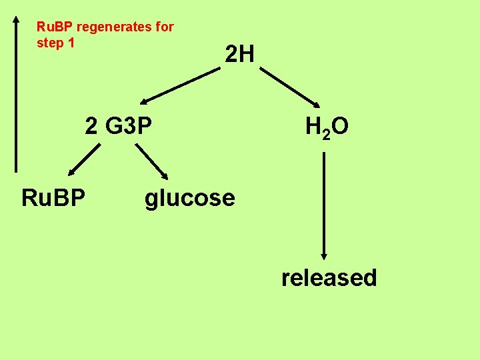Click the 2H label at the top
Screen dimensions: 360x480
pos(239,54)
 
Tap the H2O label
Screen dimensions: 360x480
pos(327,127)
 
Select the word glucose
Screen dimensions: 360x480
pos(190,198)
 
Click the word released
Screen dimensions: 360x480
pos(329,277)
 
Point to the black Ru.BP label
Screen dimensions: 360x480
pos(53,198)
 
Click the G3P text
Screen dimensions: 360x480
pos(128,126)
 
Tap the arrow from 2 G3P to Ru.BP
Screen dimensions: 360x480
pos(83,161)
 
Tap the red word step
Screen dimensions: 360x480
pos(51,43)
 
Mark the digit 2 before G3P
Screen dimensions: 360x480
pos(91,126)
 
